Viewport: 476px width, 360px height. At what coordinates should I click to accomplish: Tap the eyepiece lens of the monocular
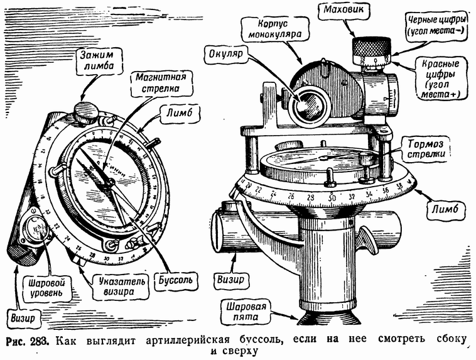tap(307, 100)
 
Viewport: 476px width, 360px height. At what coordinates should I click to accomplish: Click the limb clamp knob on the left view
tap(86, 112)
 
